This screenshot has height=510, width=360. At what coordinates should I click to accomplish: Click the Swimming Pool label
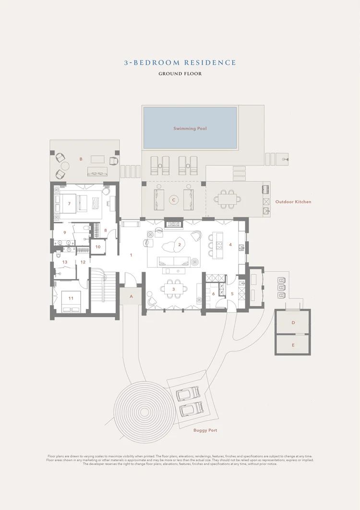click(x=190, y=129)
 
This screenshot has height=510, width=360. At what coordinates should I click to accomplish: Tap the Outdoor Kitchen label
click(x=293, y=202)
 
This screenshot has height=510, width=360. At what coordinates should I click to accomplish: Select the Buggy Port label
click(x=205, y=430)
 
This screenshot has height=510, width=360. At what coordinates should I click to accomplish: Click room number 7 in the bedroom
click(x=69, y=203)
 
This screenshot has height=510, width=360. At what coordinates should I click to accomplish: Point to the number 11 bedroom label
click(x=71, y=298)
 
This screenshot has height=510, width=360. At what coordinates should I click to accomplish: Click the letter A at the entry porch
click(x=132, y=297)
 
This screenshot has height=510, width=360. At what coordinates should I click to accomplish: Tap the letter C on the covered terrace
click(x=173, y=200)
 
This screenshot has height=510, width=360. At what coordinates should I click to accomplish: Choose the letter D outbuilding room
click(x=293, y=323)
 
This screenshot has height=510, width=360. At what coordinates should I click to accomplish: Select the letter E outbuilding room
click(x=293, y=345)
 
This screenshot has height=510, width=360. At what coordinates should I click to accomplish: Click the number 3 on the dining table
click(x=173, y=289)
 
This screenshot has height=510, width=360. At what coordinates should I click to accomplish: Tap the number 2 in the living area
click(x=180, y=245)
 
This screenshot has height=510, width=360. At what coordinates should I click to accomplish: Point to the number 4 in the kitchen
click(x=230, y=245)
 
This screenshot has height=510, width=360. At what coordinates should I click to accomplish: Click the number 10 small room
click(x=98, y=247)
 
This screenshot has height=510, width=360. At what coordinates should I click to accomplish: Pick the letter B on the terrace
click(x=81, y=159)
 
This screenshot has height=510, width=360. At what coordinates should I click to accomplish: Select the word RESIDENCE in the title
click(x=210, y=62)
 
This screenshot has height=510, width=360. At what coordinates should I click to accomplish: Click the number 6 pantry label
click(x=214, y=294)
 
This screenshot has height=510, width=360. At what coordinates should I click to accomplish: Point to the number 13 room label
click(x=65, y=262)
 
